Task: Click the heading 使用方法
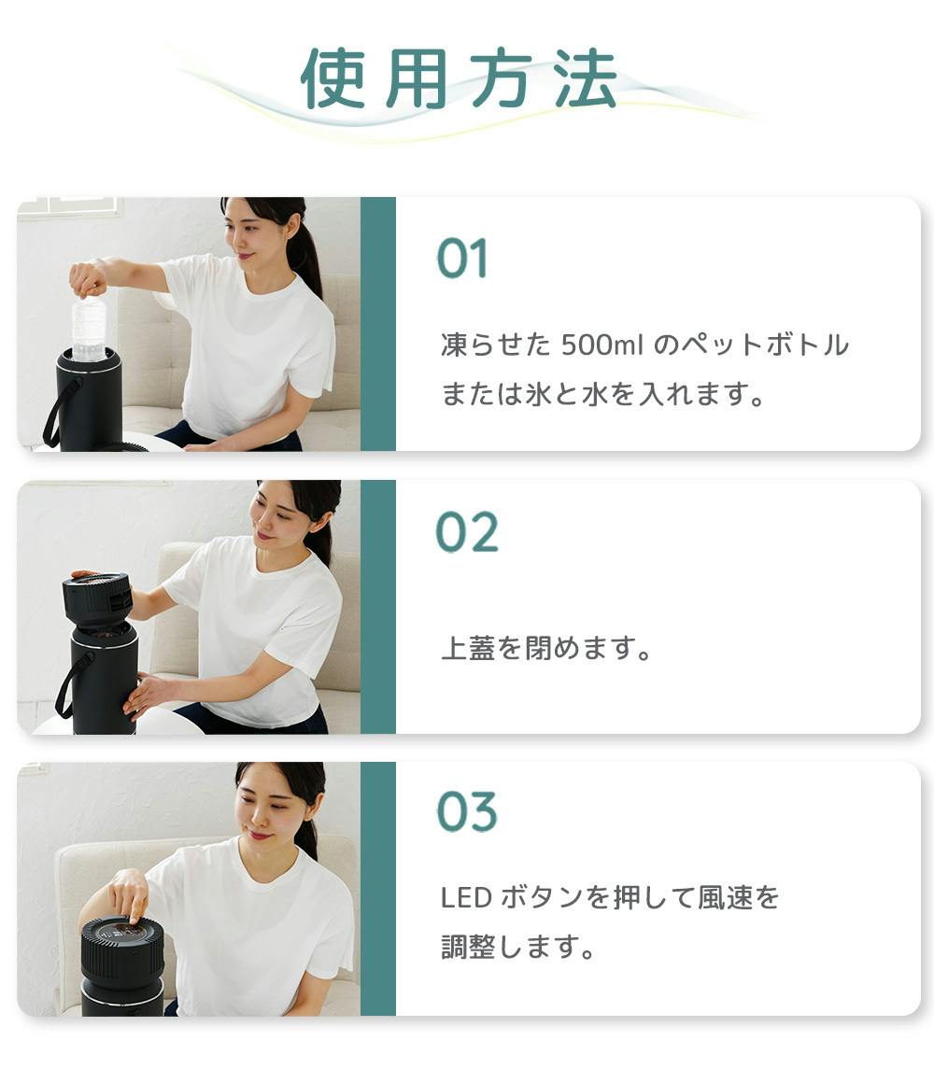pyautogui.click(x=459, y=78)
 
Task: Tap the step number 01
pyautogui.click(x=462, y=259)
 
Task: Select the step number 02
pyautogui.click(x=467, y=534)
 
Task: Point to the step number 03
pyautogui.click(x=467, y=812)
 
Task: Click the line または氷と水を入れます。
pyautogui.click(x=603, y=394)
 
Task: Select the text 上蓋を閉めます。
pyautogui.click(x=547, y=649)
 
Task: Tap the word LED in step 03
pyautogui.click(x=465, y=898)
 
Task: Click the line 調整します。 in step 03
pyautogui.click(x=518, y=948)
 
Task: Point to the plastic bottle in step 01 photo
pyautogui.click(x=89, y=327)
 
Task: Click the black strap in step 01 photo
pyautogui.click(x=56, y=411)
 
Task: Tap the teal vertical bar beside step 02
pyautogui.click(x=377, y=607)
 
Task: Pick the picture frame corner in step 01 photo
pyautogui.click(x=70, y=207)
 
